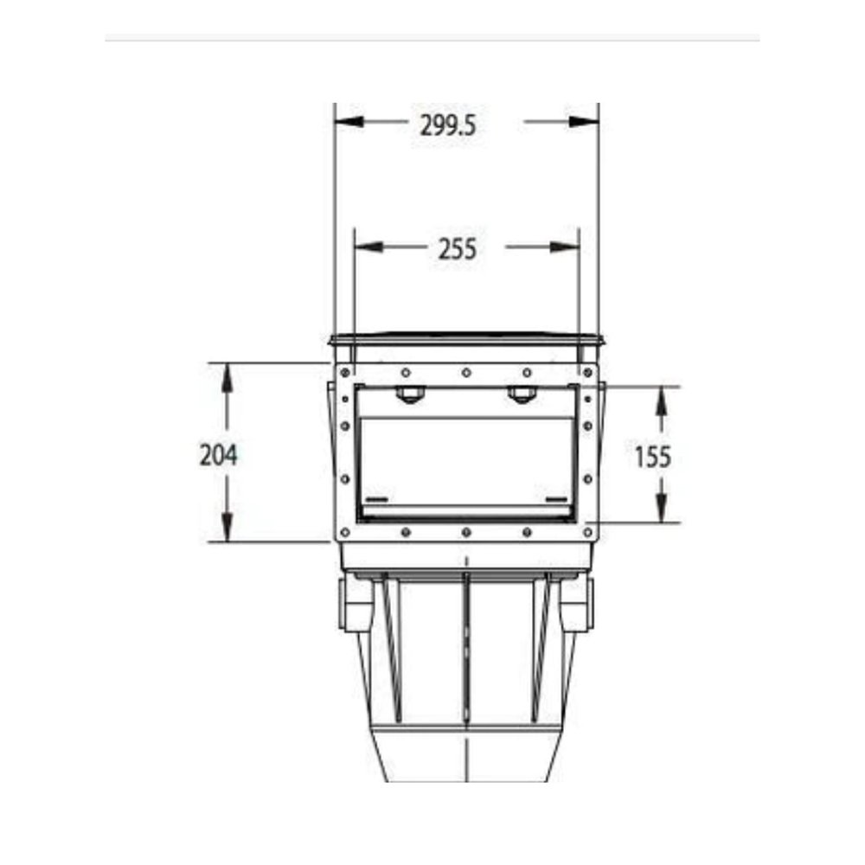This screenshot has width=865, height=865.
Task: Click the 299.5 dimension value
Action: pyautogui.click(x=447, y=125)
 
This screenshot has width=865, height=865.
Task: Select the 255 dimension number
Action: pyautogui.click(x=458, y=249)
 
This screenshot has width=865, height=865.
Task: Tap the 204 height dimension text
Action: pyautogui.click(x=219, y=456)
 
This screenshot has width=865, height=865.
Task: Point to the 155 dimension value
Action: pyautogui.click(x=652, y=458)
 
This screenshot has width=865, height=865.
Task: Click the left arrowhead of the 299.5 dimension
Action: pyautogui.click(x=349, y=121)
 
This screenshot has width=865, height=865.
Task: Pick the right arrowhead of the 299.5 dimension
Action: pyautogui.click(x=584, y=121)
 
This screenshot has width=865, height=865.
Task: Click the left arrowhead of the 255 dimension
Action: pyautogui.click(x=368, y=246)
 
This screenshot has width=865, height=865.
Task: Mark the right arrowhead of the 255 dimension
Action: pyautogui.click(x=564, y=247)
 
